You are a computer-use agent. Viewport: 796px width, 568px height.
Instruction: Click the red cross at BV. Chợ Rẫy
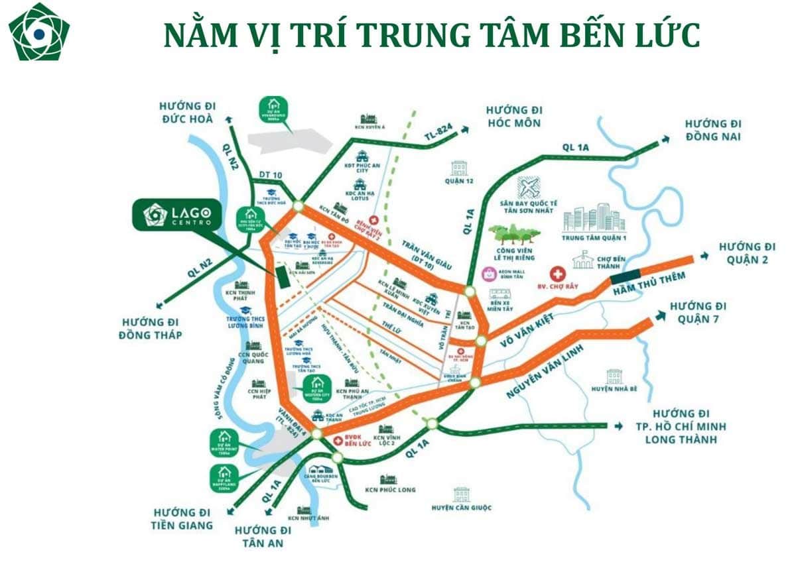pos(559,273)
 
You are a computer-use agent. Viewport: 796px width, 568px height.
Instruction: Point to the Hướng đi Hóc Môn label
pos(513,116)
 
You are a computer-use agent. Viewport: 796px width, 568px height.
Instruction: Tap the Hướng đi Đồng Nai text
pos(713,131)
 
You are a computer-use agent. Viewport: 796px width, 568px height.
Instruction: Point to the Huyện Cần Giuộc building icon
pos(462,493)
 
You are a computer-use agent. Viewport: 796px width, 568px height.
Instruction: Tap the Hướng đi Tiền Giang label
pos(182,519)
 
